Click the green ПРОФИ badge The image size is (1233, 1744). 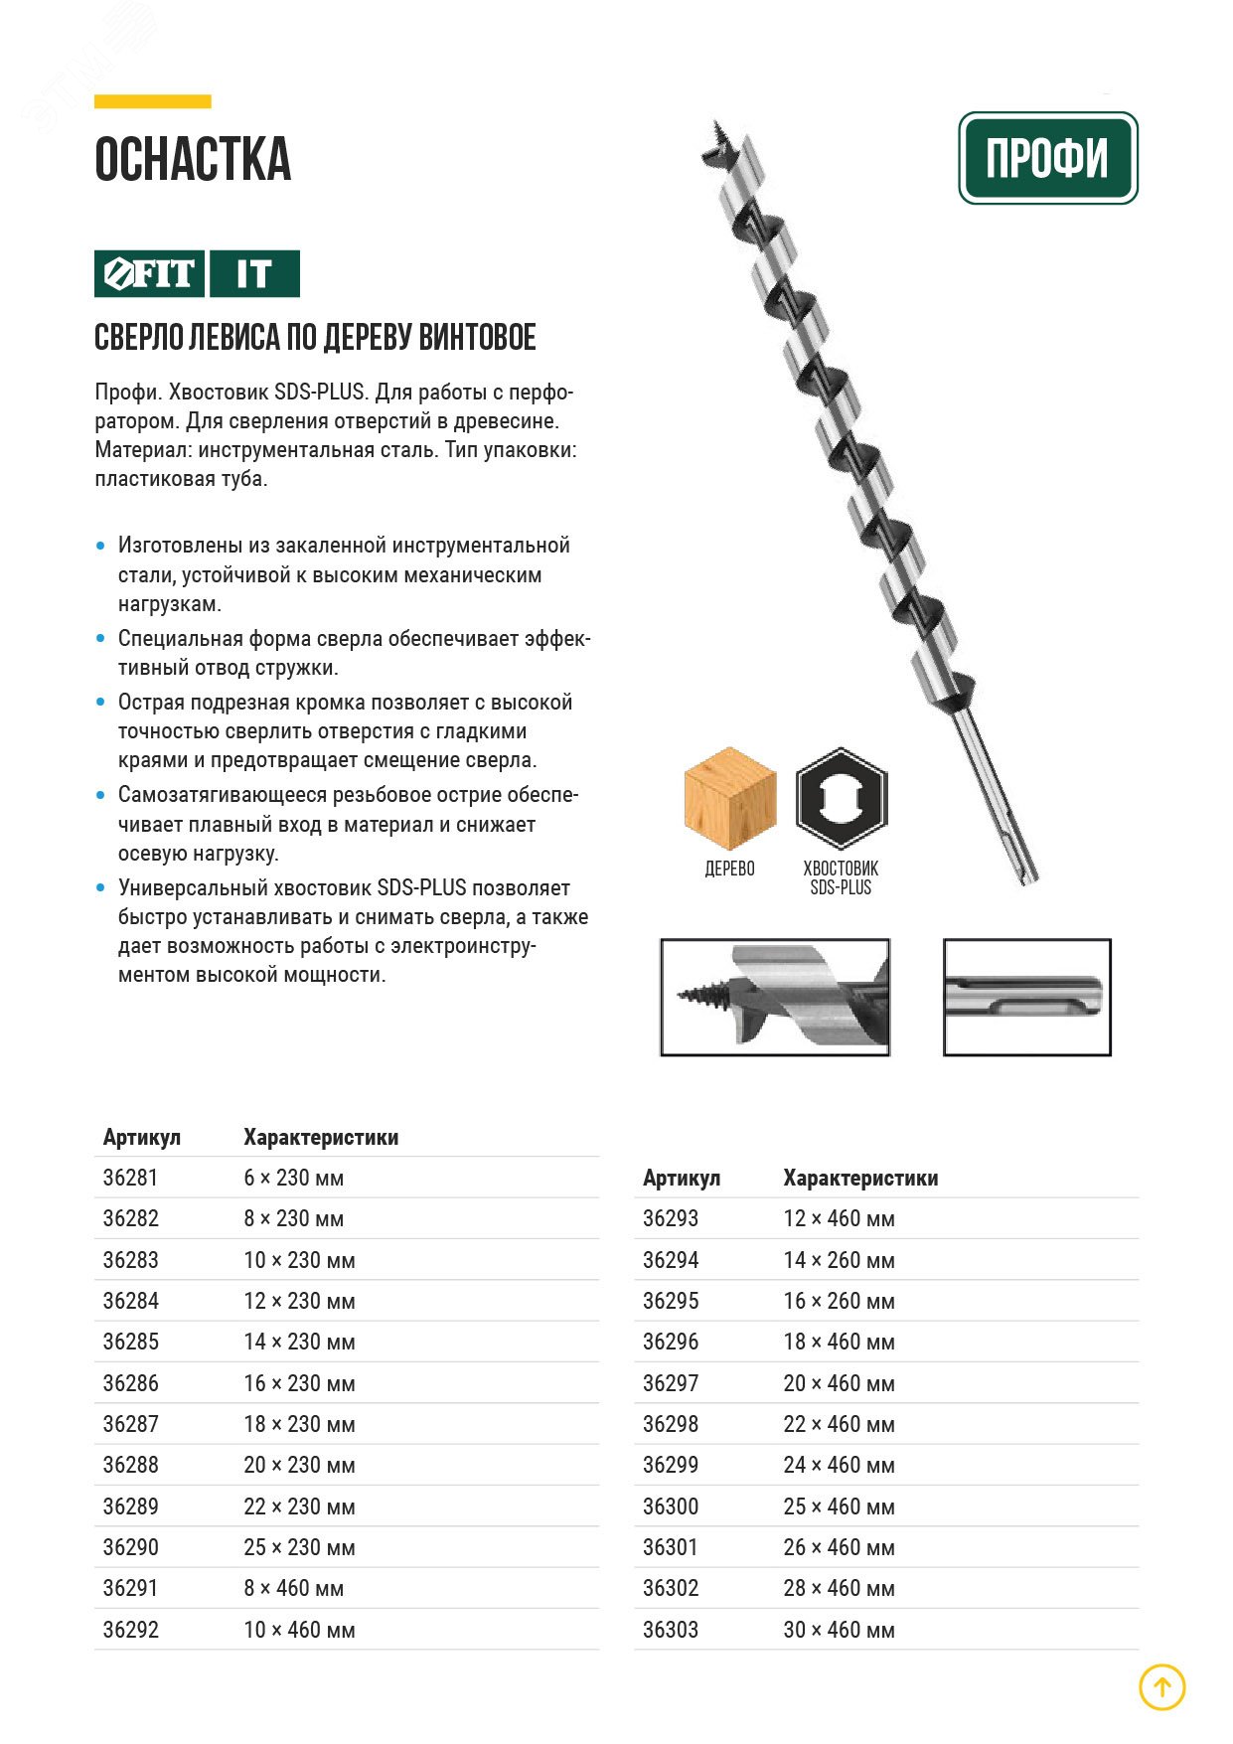[1047, 158]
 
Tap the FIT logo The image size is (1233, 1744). [150, 273]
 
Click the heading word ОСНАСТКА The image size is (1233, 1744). [193, 160]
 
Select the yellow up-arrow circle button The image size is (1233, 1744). [1161, 1686]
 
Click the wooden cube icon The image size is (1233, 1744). [729, 799]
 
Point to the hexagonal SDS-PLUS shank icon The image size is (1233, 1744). [841, 799]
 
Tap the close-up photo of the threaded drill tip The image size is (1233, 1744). [775, 997]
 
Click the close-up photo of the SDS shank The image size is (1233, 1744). [1026, 997]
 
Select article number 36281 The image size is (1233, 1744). [130, 1178]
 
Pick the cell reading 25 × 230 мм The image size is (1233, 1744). [299, 1547]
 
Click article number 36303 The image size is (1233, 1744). [671, 1630]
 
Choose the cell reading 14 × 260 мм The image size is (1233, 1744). [839, 1260]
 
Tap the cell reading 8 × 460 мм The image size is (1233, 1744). [294, 1588]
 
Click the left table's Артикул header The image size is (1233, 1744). [142, 1137]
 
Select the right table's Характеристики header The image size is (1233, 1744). [860, 1178]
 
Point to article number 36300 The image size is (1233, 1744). [671, 1506]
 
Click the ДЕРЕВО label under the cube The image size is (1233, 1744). [729, 869]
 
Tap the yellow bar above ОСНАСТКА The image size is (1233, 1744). [153, 101]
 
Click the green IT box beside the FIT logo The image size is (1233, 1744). [254, 273]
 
